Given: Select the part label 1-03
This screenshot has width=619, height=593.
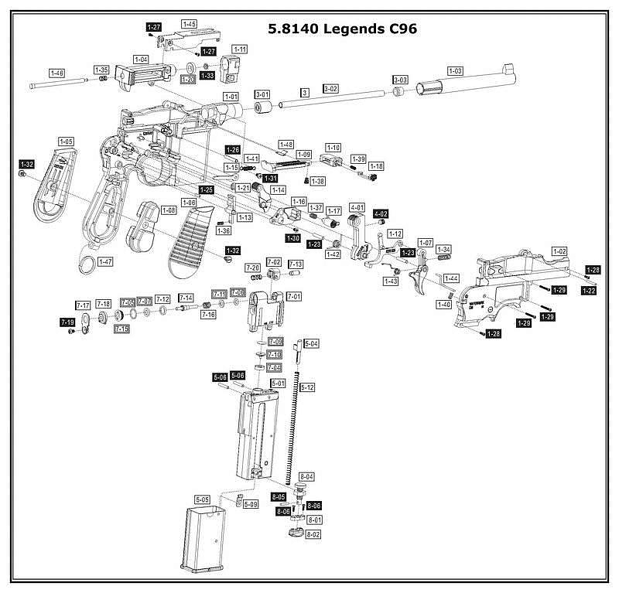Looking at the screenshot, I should tap(454, 71).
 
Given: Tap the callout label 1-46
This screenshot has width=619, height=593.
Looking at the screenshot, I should tap(56, 73).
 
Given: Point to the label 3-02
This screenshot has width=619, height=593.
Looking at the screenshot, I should tap(330, 90).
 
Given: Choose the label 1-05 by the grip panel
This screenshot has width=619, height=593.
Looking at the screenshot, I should tap(66, 142).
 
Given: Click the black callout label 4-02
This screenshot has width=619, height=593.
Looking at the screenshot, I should tap(381, 213).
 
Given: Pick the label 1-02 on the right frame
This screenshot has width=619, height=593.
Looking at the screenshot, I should tap(559, 251).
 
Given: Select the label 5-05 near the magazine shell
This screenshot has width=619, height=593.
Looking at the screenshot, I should tap(203, 499).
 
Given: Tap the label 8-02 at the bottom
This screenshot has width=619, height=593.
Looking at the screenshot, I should tap(313, 534).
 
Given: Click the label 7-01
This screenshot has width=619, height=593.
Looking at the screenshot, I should tap(294, 296).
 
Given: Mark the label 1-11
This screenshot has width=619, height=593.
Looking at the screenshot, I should tap(240, 49).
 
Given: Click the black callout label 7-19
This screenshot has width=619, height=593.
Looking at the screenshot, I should tap(67, 322).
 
